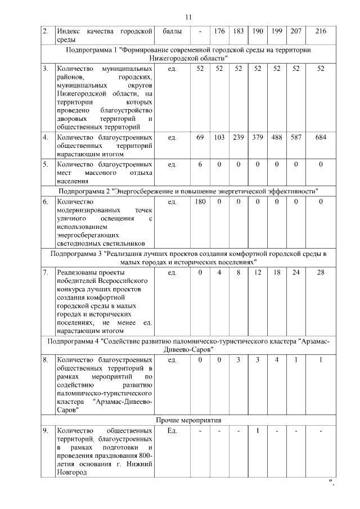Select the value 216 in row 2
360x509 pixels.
pyautogui.click(x=321, y=31)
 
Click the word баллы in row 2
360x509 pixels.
pyautogui.click(x=172, y=31)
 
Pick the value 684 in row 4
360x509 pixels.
pyautogui.click(x=321, y=138)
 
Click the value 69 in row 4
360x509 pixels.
pyautogui.click(x=200, y=138)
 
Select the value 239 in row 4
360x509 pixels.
pyautogui.click(x=238, y=138)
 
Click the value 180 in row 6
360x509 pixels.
pyautogui.click(x=200, y=202)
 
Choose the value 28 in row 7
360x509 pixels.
pyautogui.click(x=321, y=273)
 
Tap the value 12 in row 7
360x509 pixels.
pyautogui.click(x=258, y=273)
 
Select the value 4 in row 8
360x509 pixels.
pyautogui.click(x=277, y=359)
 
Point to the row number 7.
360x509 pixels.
pyautogui.click(x=45, y=273)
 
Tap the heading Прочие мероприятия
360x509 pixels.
pyautogui.click(x=188, y=420)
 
